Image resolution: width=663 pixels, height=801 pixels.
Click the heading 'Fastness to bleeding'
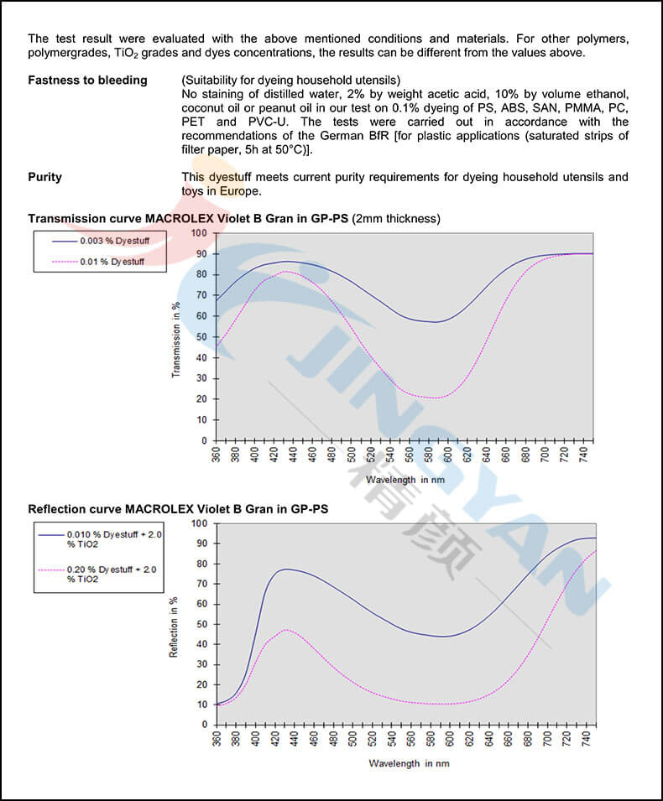point(87,81)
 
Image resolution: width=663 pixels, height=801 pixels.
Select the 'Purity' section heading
point(44,177)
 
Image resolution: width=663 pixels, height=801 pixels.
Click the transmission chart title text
point(188,219)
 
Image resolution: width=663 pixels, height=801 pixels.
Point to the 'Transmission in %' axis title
point(176,339)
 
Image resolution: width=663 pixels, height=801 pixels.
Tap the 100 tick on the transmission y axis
point(198,232)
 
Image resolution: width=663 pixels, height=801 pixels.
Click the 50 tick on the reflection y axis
point(201,624)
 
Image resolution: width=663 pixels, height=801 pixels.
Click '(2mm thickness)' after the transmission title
point(396,219)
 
